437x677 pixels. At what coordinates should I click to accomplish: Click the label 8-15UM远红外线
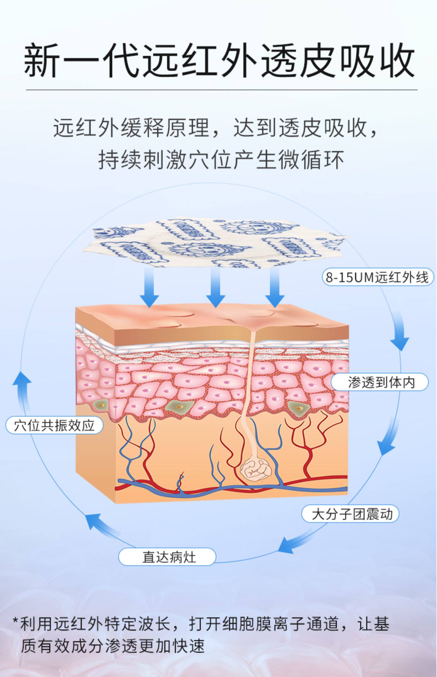(378, 277)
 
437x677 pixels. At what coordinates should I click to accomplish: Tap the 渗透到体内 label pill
(380, 382)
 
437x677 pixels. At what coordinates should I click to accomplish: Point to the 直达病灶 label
(167, 557)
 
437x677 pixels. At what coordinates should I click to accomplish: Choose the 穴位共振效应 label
(54, 426)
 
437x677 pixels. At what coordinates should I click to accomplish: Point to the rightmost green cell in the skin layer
(298, 407)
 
